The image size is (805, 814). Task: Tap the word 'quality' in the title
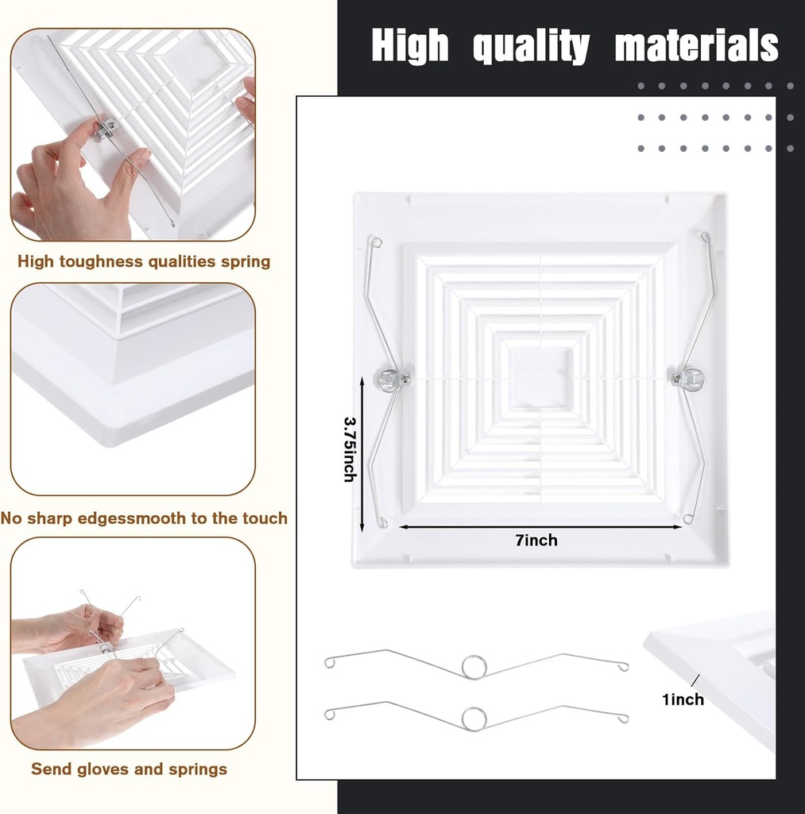(531, 48)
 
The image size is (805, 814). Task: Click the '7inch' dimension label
(536, 541)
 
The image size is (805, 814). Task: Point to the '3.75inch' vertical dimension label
(350, 448)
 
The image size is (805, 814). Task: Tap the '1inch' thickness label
(683, 700)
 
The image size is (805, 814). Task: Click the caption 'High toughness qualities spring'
(144, 262)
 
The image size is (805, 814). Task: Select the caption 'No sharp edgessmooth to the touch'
(144, 518)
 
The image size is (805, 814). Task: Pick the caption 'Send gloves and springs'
(129, 769)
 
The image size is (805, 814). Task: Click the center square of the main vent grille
(540, 377)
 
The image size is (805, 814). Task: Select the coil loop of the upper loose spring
(474, 666)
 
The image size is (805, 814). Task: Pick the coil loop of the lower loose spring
(474, 718)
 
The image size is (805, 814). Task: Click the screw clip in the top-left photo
(106, 127)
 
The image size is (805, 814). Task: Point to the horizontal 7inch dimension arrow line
(477, 527)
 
